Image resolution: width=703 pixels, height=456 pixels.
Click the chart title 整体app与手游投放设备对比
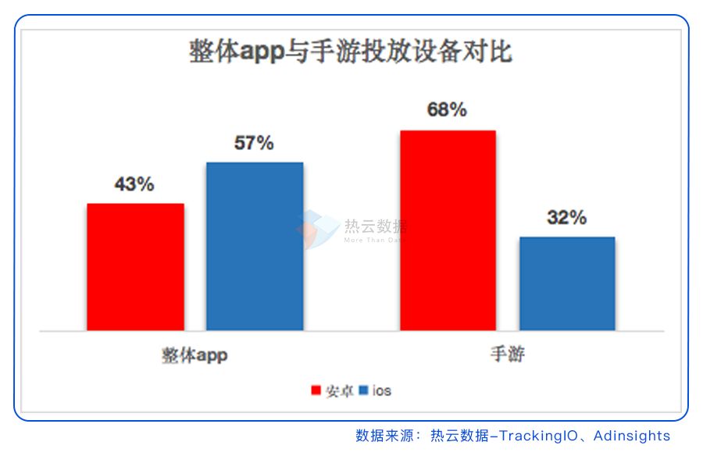pos(351,52)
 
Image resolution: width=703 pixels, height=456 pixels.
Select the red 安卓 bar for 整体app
pos(135,266)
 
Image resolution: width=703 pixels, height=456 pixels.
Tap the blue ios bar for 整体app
pos(255,246)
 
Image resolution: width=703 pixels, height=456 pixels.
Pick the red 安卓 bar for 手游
pos(448,230)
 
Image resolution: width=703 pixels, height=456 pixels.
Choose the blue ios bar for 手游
pos(567,283)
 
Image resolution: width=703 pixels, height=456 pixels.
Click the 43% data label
pos(134,185)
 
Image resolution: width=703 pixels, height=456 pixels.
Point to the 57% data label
pos(255,144)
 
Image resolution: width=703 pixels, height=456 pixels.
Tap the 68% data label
pos(447,110)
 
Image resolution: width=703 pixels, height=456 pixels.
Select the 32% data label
pos(567,218)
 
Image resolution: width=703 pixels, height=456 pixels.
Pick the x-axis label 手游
pos(507,355)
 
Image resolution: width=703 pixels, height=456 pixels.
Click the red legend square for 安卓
pos(316,390)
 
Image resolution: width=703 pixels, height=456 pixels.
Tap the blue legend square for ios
pos(364,390)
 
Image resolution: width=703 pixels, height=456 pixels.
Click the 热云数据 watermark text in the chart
pos(375,226)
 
